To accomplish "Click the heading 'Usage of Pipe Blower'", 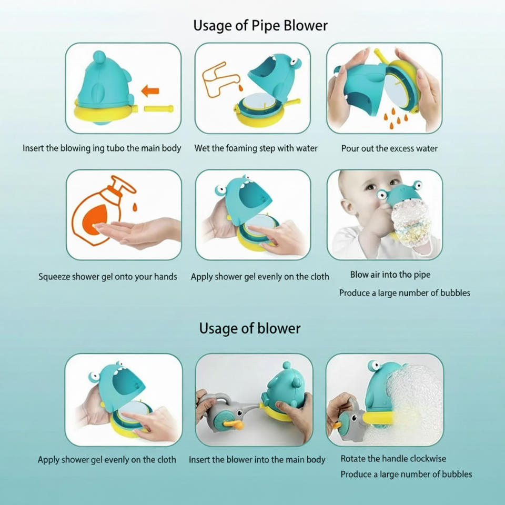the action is pyautogui.click(x=260, y=26).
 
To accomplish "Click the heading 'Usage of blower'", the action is pyautogui.click(x=249, y=328).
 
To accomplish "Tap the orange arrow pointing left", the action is pyautogui.click(x=150, y=91).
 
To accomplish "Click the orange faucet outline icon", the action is pyautogui.click(x=220, y=79).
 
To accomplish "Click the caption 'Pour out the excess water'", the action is pyautogui.click(x=389, y=148).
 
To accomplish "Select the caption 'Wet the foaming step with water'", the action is pyautogui.click(x=256, y=148).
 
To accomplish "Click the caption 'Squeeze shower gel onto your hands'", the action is pyautogui.click(x=107, y=277).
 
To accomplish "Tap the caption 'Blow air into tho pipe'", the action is pyautogui.click(x=390, y=275).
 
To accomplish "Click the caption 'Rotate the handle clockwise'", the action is pyautogui.click(x=393, y=459).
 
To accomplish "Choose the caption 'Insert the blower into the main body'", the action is pyautogui.click(x=257, y=460).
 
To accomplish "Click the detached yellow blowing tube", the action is pyautogui.click(x=159, y=108).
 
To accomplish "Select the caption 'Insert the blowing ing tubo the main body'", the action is pyautogui.click(x=102, y=148).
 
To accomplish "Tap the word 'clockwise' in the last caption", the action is pyautogui.click(x=426, y=459).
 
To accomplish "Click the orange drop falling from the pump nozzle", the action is pyautogui.click(x=135, y=207).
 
